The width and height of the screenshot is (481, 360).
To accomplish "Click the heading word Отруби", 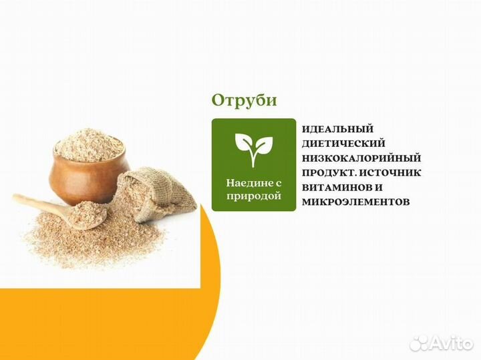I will tap(244, 100).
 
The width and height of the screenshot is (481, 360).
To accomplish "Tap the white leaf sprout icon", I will tap(253, 149).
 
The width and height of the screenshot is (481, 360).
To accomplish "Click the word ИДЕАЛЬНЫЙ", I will tap(337, 129).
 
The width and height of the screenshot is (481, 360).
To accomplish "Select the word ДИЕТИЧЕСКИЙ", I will tap(343, 144).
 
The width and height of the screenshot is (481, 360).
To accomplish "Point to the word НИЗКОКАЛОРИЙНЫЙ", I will tap(361, 158).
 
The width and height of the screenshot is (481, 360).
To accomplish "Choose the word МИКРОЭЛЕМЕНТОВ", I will tap(355, 201).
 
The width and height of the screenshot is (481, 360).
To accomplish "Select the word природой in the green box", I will tap(253, 196).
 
